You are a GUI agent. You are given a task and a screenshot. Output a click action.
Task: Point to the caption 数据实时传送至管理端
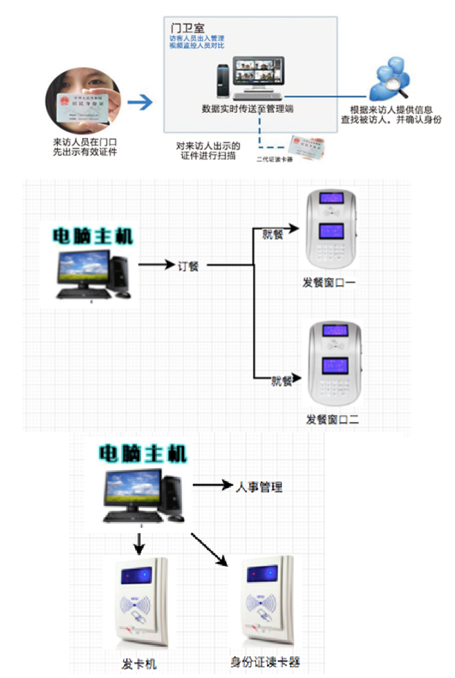pos(247,109)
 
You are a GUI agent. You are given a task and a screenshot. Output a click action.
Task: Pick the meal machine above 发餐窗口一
pos(331,231)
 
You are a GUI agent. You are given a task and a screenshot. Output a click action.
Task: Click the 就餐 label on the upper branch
pos(273,234)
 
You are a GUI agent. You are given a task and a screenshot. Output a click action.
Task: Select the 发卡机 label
pos(139,661)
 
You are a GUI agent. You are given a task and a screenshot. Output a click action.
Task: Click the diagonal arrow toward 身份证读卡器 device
pos(208,549)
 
